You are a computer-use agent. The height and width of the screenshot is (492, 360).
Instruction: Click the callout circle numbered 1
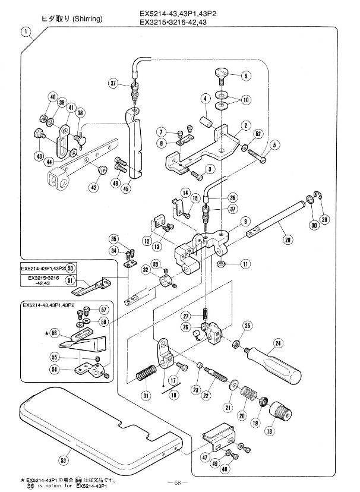point(26,32)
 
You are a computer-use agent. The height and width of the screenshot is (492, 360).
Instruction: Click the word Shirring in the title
point(88,19)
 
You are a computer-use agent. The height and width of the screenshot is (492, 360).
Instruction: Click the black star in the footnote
point(21,478)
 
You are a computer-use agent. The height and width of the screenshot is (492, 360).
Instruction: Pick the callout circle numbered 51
point(70,280)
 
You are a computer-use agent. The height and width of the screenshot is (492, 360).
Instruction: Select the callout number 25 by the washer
point(248,325)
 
